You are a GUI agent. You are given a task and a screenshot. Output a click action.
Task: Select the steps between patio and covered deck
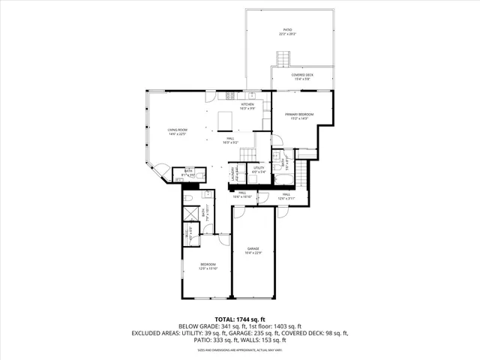pos(283,58)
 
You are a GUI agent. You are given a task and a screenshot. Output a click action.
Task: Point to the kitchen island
pos(226,121)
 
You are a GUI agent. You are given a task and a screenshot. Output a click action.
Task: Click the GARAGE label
pos(253,250)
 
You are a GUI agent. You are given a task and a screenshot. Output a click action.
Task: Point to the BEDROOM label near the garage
pos(208,266)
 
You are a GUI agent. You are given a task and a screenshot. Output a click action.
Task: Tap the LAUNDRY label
pos(237,173)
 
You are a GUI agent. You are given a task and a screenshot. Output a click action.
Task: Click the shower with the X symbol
pos(191,213)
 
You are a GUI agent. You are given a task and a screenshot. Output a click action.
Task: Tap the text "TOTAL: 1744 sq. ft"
pos(239,319)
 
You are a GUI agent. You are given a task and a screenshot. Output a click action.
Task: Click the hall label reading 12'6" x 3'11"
pos(286,195)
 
